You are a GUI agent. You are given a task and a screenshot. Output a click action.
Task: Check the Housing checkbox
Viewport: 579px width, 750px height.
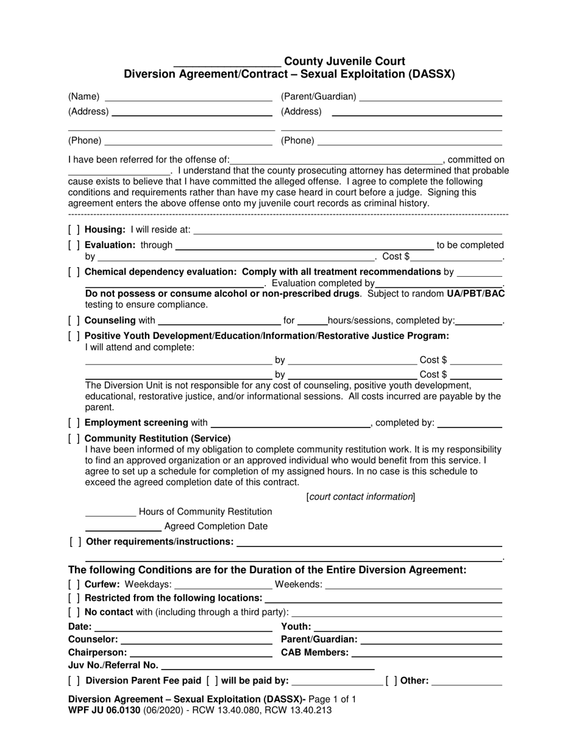pyautogui.click(x=74, y=230)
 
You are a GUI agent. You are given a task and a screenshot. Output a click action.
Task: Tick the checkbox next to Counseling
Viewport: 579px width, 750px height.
pyautogui.click(x=74, y=320)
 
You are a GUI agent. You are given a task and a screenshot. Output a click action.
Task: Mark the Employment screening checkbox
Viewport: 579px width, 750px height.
pyautogui.click(x=74, y=423)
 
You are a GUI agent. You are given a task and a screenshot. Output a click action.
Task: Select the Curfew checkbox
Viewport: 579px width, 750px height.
pyautogui.click(x=74, y=585)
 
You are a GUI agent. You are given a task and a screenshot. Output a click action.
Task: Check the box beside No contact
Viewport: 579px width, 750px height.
pyautogui.click(x=74, y=612)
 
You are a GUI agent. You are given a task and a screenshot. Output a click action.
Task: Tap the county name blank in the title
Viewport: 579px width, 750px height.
pyautogui.click(x=227, y=63)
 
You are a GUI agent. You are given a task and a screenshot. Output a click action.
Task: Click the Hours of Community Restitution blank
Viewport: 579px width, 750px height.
pyautogui.click(x=110, y=513)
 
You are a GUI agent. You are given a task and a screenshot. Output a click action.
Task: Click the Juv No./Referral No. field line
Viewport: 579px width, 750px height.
pyautogui.click(x=268, y=666)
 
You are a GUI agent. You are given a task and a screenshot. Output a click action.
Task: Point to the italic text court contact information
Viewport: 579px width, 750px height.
pyautogui.click(x=361, y=496)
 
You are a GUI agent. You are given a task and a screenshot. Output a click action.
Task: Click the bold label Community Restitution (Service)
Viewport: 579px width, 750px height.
pyautogui.click(x=158, y=438)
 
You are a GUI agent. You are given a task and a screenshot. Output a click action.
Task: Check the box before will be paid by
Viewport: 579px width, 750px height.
pyautogui.click(x=212, y=680)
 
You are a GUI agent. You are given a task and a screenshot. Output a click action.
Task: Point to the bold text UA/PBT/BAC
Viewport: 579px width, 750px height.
pyautogui.click(x=475, y=294)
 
